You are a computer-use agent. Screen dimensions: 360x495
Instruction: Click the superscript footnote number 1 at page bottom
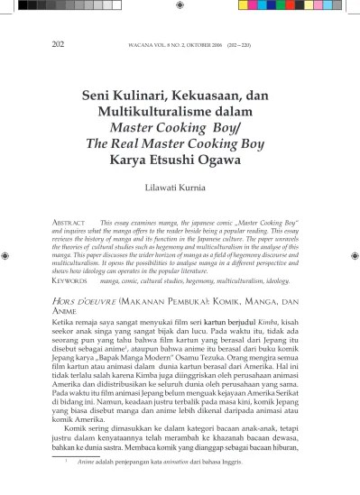[x=65, y=482]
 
